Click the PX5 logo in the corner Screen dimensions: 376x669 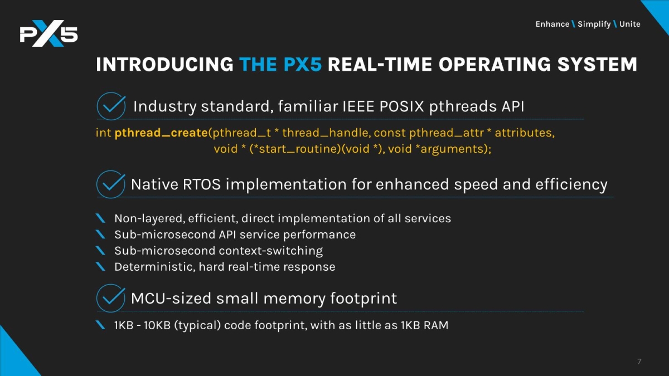pos(49,36)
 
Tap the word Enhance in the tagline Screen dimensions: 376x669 pos(552,24)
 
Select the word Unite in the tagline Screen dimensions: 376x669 pos(629,24)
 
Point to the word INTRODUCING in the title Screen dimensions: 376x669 pos(164,65)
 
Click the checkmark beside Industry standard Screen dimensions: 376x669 pos(111,106)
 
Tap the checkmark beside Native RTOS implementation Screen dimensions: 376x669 pos(111,184)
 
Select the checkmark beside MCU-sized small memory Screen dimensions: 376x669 pos(111,298)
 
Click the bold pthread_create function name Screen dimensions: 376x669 pos(161,134)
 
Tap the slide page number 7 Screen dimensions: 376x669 pos(639,362)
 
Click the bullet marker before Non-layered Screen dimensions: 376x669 pos(100,218)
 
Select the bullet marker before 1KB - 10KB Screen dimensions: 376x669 pos(100,325)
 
